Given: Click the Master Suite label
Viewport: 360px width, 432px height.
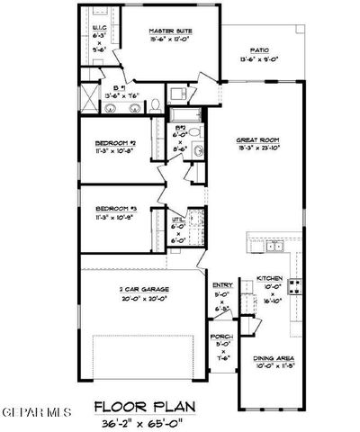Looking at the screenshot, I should click(x=172, y=31).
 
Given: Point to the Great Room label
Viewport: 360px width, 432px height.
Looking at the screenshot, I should click(x=256, y=139).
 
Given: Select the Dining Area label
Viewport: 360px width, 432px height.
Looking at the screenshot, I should click(x=270, y=358).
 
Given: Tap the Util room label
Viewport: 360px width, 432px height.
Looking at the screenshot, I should click(x=179, y=219).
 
